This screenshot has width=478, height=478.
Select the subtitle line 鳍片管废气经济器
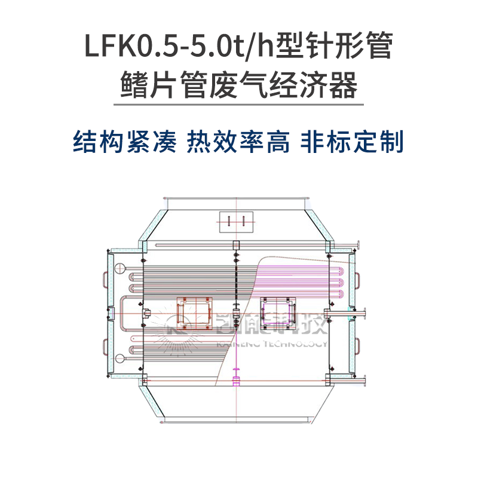pos(238,85)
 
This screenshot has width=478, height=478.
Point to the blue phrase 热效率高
pos(239,142)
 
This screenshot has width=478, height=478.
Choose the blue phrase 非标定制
pos(353,142)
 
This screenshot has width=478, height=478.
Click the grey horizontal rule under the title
pos(238,105)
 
